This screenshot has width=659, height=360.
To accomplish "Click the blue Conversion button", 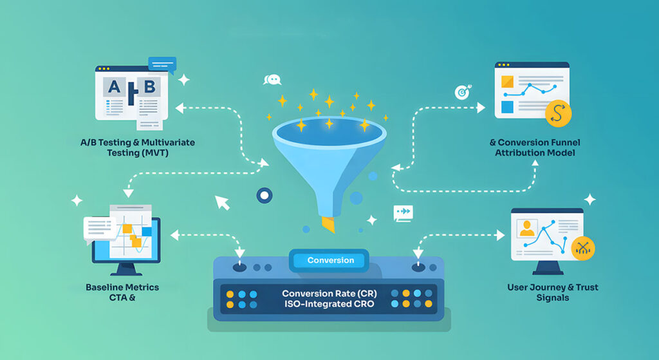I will pos(330,260).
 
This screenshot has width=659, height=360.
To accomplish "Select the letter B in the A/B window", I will pos(150,87).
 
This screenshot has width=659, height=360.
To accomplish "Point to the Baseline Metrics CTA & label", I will pos(122,292).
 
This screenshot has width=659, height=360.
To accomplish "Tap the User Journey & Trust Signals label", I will pos(551,292).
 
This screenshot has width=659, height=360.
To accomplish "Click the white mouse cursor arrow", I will pos(222,203).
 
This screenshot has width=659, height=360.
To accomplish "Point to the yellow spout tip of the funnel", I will pos(328,224).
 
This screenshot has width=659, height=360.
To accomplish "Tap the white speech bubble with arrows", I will pos(404,212).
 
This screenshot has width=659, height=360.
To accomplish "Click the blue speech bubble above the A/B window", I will pos(162,63).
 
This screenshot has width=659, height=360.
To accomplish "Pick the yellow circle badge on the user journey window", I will pos(583,248).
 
